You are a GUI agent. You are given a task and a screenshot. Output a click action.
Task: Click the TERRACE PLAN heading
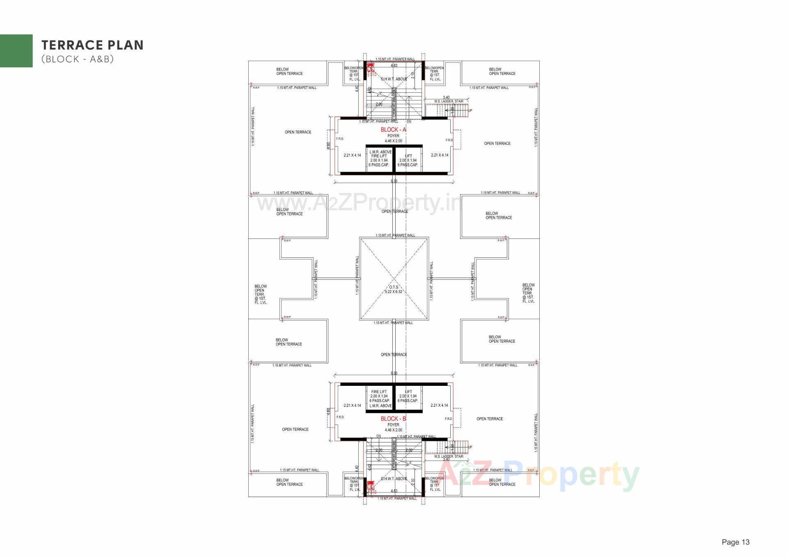click(92, 45)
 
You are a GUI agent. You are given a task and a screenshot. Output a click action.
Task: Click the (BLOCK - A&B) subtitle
click(77, 59)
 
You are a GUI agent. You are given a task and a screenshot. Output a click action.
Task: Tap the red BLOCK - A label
click(393, 130)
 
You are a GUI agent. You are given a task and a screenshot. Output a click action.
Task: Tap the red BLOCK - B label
click(393, 419)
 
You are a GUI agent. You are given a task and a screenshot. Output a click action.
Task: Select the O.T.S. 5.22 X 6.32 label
click(394, 289)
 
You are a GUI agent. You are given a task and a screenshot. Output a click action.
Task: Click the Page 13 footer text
click(735, 542)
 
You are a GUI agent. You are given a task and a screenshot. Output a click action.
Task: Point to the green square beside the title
click(16, 50)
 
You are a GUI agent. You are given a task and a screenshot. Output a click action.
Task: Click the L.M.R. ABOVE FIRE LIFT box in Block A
click(379, 158)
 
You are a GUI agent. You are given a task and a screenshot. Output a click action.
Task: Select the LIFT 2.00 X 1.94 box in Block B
click(408, 396)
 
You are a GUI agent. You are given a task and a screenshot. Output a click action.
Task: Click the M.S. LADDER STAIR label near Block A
click(449, 101)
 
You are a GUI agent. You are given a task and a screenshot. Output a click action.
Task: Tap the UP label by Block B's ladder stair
click(470, 447)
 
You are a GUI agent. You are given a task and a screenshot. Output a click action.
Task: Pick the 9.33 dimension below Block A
click(394, 181)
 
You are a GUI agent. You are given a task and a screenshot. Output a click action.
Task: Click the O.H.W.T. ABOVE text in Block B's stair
click(394, 479)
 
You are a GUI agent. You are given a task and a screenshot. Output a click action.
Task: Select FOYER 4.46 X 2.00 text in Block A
click(393, 138)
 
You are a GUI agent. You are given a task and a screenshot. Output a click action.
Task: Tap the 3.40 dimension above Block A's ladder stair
click(446, 98)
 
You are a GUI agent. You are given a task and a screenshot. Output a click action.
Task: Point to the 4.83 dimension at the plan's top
click(394, 66)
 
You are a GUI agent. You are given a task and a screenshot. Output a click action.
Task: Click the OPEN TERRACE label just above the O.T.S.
click(395, 211)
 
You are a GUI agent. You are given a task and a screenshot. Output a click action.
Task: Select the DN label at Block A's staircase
click(409, 121)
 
